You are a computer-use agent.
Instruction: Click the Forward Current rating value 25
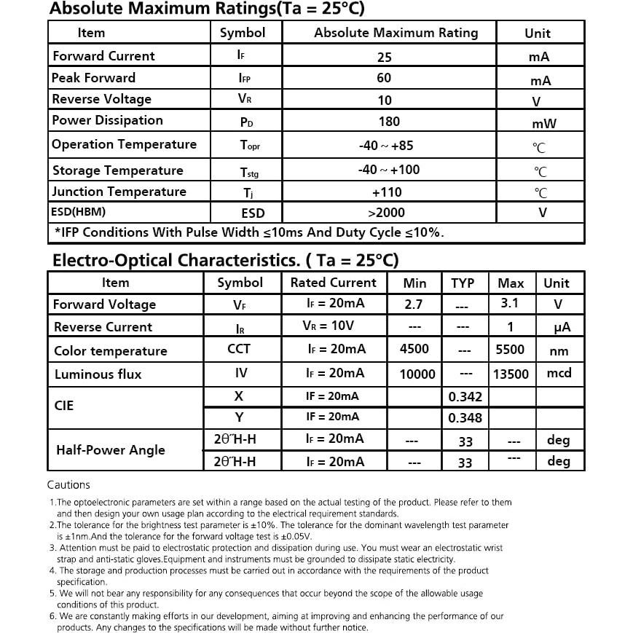(x=384, y=57)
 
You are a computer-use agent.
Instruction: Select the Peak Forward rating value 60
(x=384, y=78)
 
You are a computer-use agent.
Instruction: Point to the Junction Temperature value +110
(x=387, y=192)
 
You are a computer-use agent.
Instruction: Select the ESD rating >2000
(x=386, y=213)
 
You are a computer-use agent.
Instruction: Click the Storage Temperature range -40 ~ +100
(x=389, y=170)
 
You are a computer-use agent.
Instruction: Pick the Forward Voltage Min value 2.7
(x=413, y=304)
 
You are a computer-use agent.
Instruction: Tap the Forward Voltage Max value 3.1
(x=510, y=303)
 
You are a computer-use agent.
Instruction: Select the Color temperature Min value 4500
(x=414, y=349)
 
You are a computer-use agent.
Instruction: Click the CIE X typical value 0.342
(x=465, y=397)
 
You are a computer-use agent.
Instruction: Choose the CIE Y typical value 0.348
(x=465, y=418)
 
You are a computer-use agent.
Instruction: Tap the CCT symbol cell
(x=239, y=349)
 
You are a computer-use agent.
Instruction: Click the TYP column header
(x=463, y=283)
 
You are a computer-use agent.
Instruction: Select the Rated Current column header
(x=334, y=283)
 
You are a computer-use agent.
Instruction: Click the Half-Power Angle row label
(x=111, y=450)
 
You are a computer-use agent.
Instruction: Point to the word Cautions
(x=68, y=484)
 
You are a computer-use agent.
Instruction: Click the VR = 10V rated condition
(x=329, y=326)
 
